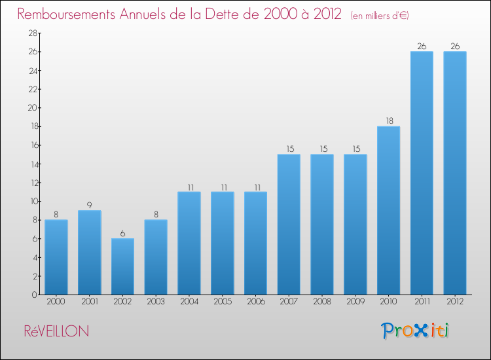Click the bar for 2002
[122, 266]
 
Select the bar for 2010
[388, 210]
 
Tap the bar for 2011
[422, 173]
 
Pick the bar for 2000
[56, 257]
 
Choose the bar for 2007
[289, 225]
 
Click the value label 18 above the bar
[388, 121]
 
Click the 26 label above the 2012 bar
[455, 46]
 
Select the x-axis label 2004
[189, 302]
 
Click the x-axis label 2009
[355, 302]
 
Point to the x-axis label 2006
[255, 302]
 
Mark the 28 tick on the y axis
[31, 33]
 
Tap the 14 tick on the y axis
[31, 164]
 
